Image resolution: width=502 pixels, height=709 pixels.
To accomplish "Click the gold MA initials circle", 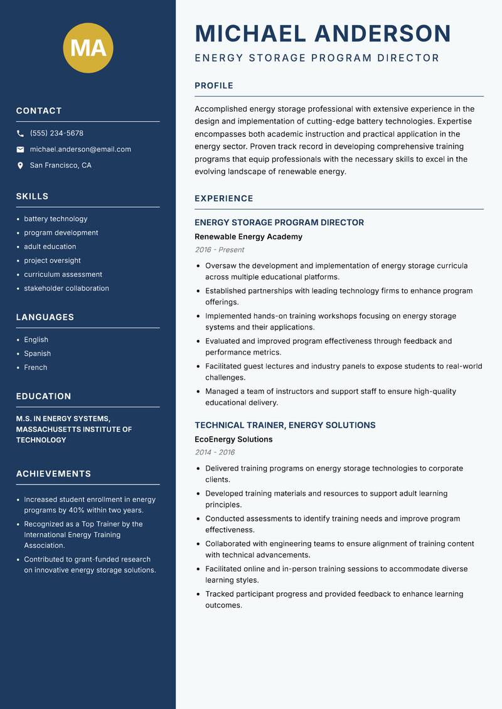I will tap(88, 48).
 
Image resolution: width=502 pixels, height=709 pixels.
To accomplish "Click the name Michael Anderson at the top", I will tap(323, 33).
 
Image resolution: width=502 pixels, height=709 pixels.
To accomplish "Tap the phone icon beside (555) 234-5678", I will tap(20, 134).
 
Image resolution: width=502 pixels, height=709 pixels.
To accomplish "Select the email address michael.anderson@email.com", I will tap(80, 149).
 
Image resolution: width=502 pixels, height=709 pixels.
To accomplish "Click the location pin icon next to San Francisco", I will tap(20, 166).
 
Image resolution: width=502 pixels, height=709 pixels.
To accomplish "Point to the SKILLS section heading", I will tap(32, 196).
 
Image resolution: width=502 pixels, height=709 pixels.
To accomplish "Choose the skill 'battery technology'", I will tap(56, 219).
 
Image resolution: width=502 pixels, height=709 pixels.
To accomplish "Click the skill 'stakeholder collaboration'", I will tap(67, 289).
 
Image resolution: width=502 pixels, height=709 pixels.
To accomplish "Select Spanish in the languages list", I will tap(38, 354).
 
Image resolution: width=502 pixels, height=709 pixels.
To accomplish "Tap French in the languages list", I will tap(36, 368).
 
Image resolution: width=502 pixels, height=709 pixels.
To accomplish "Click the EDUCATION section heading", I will tap(43, 397).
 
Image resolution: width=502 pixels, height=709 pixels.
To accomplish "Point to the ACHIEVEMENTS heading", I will tap(53, 474).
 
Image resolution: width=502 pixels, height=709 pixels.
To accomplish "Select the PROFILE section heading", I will tap(213, 86).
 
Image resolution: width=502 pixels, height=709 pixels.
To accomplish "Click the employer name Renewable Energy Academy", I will tap(248, 237).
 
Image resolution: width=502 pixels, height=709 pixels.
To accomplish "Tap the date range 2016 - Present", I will tap(219, 250).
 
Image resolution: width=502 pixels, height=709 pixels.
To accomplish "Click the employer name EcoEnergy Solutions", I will tap(233, 440).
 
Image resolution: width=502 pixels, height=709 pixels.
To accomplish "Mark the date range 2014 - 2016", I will tap(214, 452).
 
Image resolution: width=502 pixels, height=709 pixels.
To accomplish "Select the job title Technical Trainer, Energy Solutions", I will tap(285, 425).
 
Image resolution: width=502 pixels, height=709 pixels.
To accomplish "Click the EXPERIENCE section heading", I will tap(224, 199).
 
